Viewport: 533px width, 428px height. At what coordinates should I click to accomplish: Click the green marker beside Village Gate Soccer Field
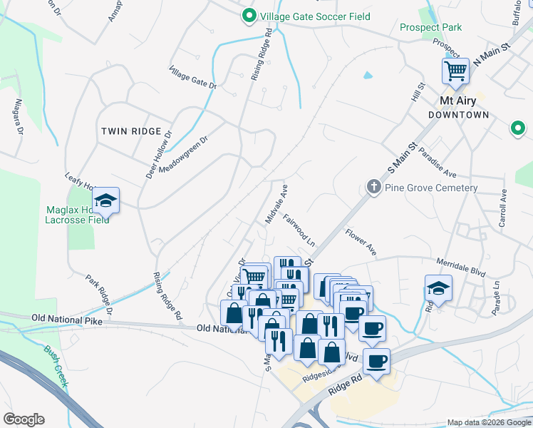click(x=249, y=16)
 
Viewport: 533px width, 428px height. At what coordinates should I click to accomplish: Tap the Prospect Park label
click(x=430, y=28)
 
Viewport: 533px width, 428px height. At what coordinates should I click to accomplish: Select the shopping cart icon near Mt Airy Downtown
click(x=455, y=71)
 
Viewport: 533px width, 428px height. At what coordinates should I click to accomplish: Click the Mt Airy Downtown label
click(x=458, y=108)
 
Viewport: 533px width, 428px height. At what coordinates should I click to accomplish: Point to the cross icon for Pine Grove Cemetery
click(x=373, y=187)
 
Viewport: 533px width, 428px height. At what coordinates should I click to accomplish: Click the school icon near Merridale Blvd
click(x=438, y=287)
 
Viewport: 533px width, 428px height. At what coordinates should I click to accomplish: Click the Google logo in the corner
click(x=24, y=419)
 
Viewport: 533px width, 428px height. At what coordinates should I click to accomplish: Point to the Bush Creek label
click(x=56, y=366)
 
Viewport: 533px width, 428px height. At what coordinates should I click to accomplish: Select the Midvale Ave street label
click(x=276, y=203)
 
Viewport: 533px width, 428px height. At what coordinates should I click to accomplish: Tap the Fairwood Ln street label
click(x=299, y=229)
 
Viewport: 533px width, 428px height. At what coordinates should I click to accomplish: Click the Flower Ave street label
click(x=361, y=241)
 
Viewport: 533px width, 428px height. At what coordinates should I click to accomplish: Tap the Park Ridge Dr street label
click(x=100, y=295)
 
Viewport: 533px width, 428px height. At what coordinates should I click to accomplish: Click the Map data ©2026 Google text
click(x=488, y=422)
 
